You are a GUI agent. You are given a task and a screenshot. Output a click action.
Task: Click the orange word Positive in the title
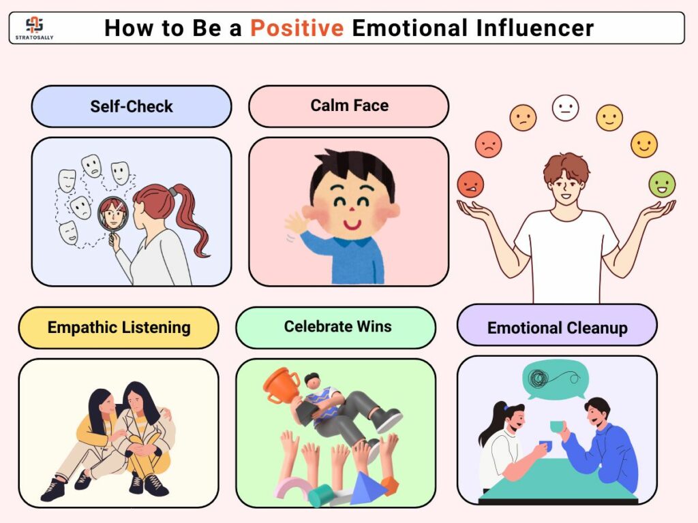(297, 28)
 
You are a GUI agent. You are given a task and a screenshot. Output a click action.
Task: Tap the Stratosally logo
(34, 28)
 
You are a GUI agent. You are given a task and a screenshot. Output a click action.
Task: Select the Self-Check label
(132, 106)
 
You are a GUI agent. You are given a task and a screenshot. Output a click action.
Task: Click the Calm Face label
(349, 106)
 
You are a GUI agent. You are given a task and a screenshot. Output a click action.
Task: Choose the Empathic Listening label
(119, 328)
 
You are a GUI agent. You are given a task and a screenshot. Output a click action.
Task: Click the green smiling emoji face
(662, 184)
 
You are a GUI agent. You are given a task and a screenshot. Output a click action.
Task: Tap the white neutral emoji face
(565, 108)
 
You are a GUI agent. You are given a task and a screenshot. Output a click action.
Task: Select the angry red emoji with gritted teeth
(470, 184)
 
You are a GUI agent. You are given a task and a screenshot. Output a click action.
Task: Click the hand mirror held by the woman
(113, 218)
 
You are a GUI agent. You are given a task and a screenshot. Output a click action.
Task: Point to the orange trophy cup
(282, 384)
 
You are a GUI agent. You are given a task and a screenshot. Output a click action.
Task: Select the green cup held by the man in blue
(557, 426)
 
